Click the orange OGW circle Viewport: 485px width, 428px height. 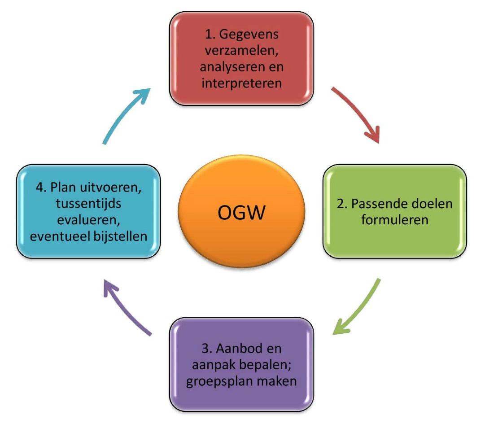coord(241,212)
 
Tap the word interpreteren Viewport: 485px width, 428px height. coord(241,83)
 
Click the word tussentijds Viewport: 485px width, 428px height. coord(88,203)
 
